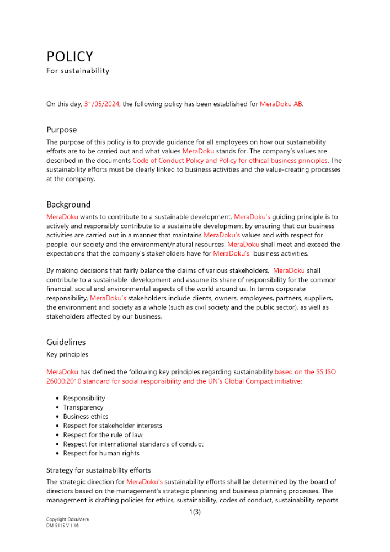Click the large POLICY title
point(70,57)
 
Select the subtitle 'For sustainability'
point(78,71)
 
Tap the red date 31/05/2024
point(101,104)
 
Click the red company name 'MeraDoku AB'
point(281,104)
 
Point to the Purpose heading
point(61,130)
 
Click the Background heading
point(68,205)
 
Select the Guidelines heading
point(66,342)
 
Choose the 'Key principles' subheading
point(67,354)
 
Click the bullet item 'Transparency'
point(83,407)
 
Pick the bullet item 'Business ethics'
point(86,417)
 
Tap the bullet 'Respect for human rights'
point(101,453)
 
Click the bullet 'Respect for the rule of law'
point(102,435)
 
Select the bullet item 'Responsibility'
point(84,398)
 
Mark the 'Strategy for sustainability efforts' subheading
point(98,470)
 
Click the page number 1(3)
point(195,512)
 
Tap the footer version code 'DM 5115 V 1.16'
point(62,526)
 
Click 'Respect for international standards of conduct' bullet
point(133,444)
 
